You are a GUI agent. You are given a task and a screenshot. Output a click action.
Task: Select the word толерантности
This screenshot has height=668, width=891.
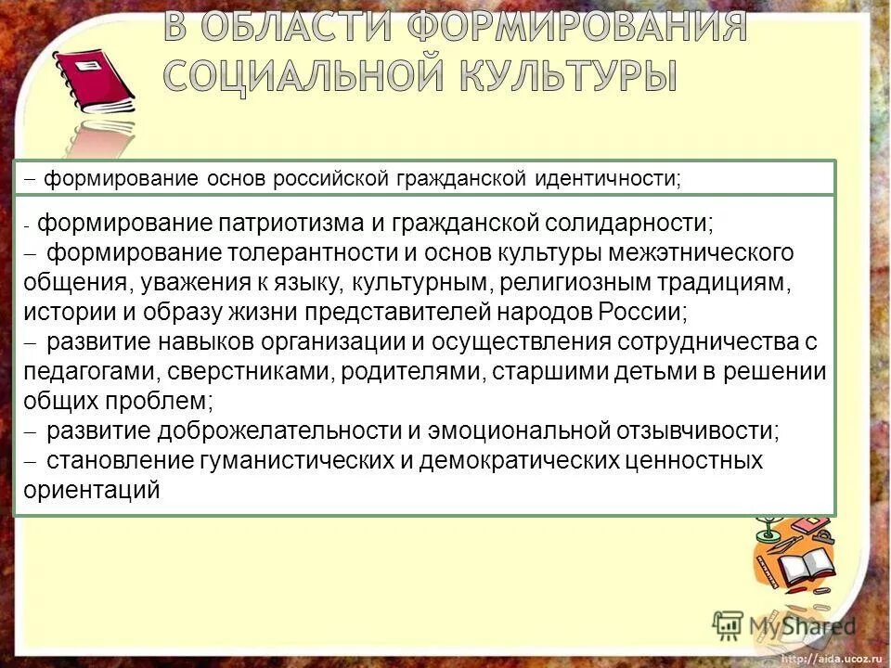coord(329,252)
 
